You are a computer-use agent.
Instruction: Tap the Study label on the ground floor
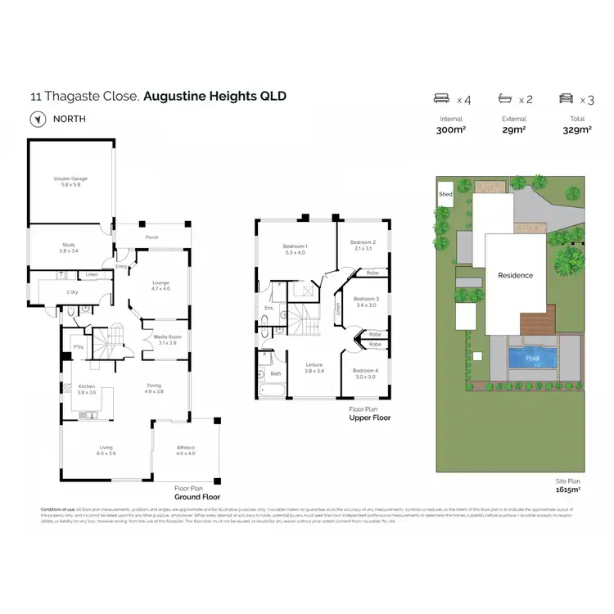point(69,244)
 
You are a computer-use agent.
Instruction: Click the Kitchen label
point(87,390)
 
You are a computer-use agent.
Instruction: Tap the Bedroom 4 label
point(365,373)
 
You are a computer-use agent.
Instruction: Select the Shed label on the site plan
point(445,195)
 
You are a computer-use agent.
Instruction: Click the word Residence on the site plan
point(516,276)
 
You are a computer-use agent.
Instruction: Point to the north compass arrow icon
point(37,119)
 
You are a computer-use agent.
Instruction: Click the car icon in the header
point(565,98)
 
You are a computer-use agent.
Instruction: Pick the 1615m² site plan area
point(567,490)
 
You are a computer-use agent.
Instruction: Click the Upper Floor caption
point(370,418)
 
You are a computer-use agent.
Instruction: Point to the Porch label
point(151,238)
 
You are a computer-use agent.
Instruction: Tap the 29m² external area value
point(513,130)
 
